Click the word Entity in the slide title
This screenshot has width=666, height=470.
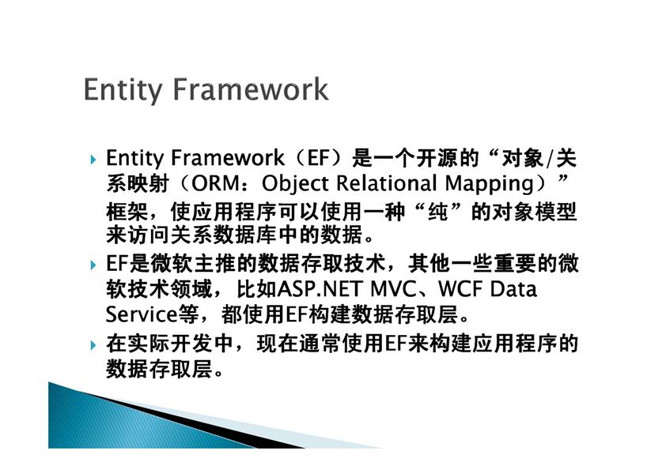123,90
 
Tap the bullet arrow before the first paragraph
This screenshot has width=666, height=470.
93,160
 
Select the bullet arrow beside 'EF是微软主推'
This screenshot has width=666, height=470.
93,265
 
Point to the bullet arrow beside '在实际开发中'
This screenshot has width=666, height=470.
93,345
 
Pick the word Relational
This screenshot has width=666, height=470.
387,183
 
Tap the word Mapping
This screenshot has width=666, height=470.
490,185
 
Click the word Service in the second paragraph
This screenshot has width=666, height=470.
142,314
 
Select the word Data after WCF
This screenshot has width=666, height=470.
513,289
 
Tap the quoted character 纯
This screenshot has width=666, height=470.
438,211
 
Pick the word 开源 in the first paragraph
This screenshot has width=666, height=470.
437,158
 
